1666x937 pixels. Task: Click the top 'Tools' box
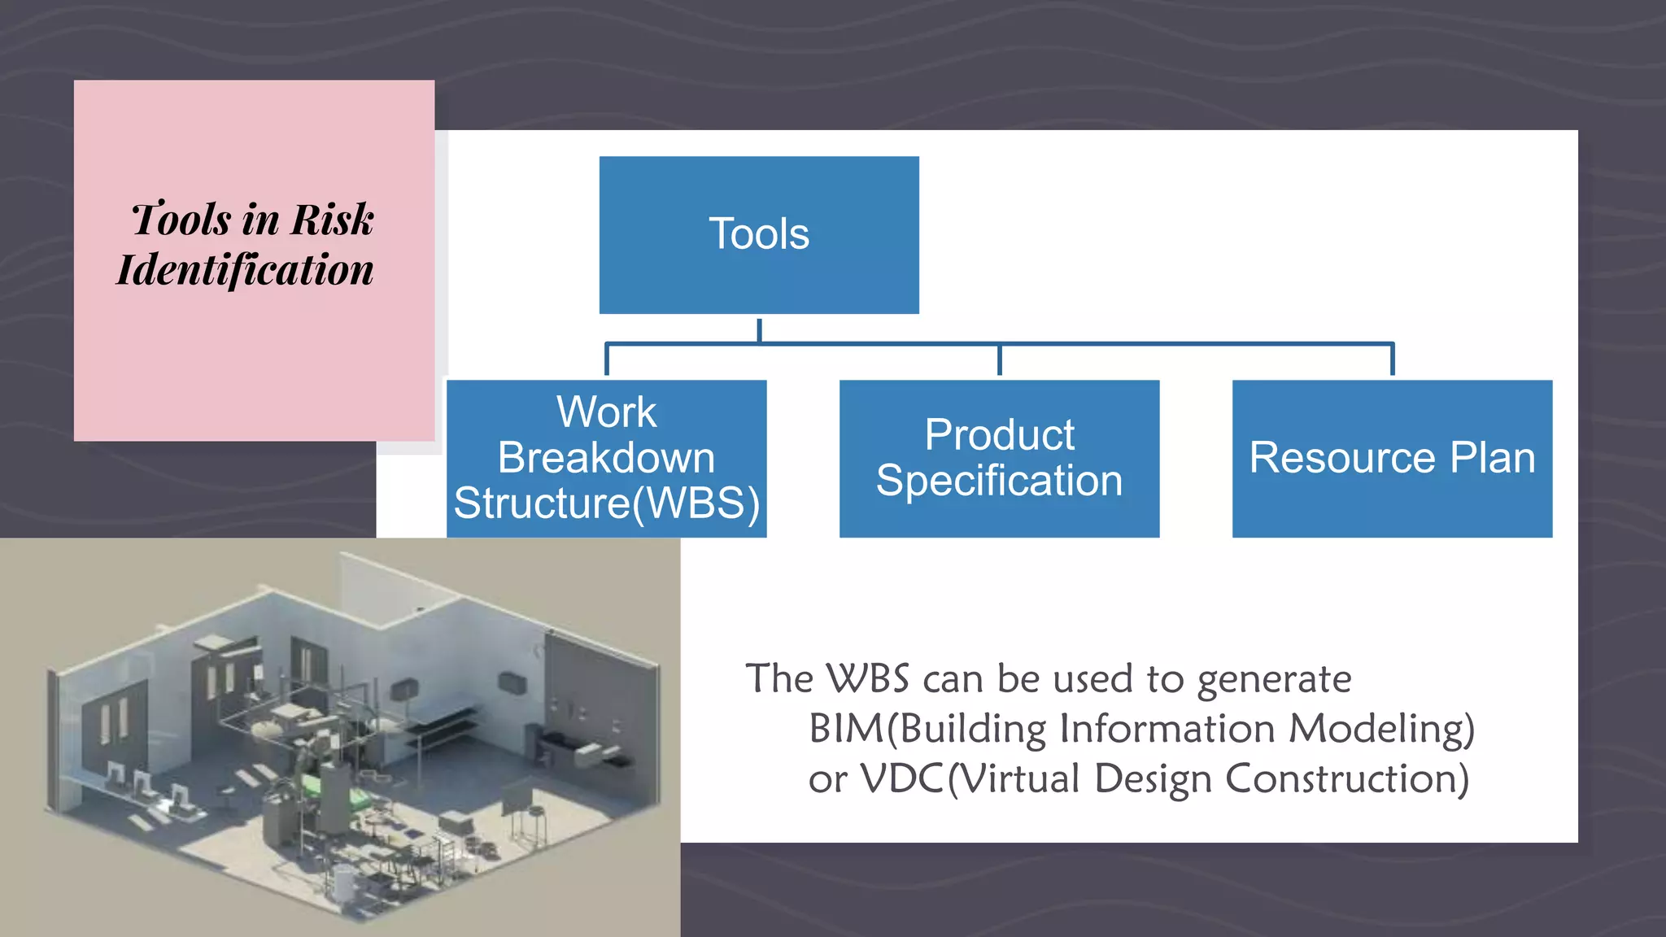(759, 234)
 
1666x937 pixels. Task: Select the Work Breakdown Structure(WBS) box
(606, 458)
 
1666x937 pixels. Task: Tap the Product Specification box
(999, 458)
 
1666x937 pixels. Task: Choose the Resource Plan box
(1392, 458)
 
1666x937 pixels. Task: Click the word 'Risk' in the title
(332, 220)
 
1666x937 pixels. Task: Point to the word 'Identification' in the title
(245, 270)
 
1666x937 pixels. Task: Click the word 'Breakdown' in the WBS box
(606, 458)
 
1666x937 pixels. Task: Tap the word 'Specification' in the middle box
(999, 481)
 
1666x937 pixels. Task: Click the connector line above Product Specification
(999, 360)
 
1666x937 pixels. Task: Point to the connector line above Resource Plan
(1392, 360)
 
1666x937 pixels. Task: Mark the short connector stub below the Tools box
(759, 329)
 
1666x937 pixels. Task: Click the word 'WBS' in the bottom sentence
(867, 678)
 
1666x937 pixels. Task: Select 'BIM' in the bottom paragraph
(846, 729)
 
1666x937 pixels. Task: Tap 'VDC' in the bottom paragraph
(901, 779)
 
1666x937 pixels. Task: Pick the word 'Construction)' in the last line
(1346, 779)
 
